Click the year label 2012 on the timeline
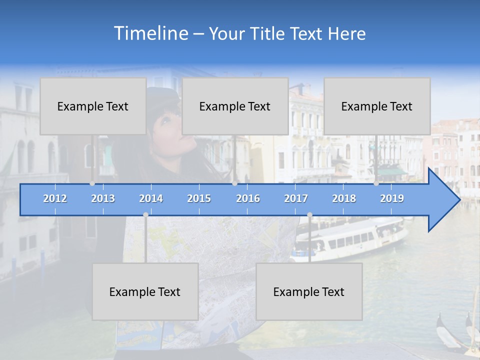[x=55, y=198]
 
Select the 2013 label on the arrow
[x=103, y=198]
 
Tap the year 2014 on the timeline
[x=151, y=198]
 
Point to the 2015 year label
[x=199, y=198]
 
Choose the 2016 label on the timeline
[x=248, y=198]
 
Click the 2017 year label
[x=296, y=198]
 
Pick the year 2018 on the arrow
[x=344, y=198]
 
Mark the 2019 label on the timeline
[x=392, y=198]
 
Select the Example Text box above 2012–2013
[x=93, y=106]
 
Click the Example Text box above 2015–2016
[x=235, y=106]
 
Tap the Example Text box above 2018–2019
[x=377, y=106]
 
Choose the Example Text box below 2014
[x=145, y=291]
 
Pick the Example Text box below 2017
[x=309, y=291]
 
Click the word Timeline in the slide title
[x=150, y=33]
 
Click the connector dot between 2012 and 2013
[x=92, y=183]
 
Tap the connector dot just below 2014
[x=145, y=214]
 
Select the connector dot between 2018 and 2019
[x=376, y=183]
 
